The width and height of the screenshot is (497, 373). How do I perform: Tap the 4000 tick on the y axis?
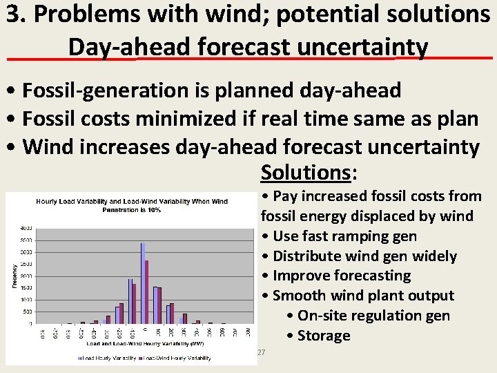[x=25, y=227]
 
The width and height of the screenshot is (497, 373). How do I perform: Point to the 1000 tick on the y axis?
[x=25, y=300]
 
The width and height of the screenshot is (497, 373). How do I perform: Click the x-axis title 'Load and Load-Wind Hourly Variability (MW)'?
[x=130, y=343]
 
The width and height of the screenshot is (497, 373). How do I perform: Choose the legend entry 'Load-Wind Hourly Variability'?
[x=176, y=358]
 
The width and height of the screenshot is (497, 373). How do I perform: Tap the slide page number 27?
[x=260, y=353]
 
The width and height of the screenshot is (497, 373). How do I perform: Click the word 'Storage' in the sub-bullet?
[x=324, y=336]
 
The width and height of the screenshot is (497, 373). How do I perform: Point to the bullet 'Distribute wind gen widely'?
[x=364, y=256]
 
